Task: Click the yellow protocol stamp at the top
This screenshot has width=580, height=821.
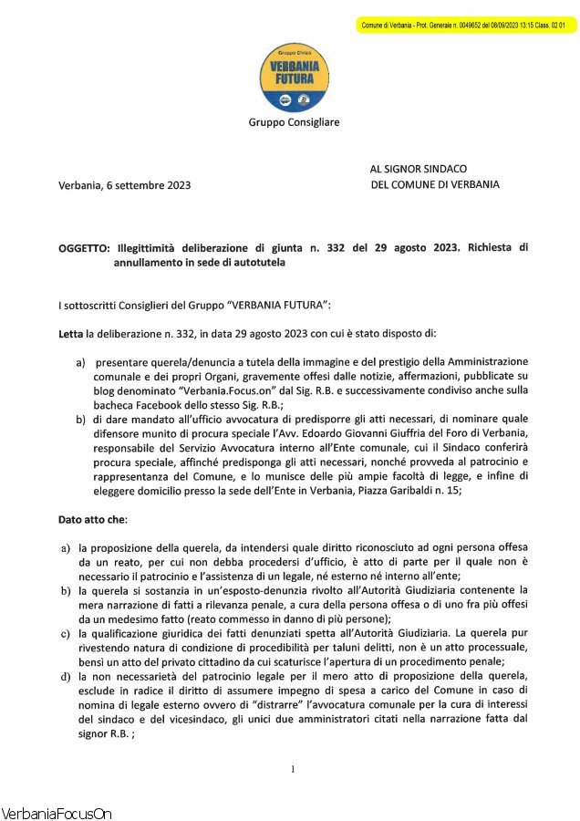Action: click(465, 25)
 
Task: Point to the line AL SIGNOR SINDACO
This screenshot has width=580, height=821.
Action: click(418, 169)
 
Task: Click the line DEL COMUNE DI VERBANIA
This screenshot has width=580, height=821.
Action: click(435, 184)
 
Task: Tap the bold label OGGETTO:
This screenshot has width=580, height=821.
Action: click(84, 247)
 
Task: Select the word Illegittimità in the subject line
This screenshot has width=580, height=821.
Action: click(148, 247)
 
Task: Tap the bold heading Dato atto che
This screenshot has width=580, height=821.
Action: click(93, 519)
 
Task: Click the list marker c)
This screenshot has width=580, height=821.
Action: click(66, 632)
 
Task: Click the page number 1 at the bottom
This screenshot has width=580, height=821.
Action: click(291, 769)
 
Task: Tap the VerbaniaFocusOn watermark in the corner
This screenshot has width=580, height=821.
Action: click(57, 812)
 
